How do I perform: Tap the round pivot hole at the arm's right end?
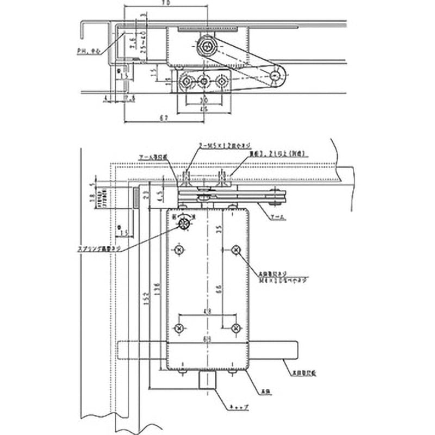click(x=278, y=76)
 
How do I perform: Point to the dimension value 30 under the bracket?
click(x=203, y=101)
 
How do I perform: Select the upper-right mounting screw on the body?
click(x=235, y=250)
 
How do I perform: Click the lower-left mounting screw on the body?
click(x=180, y=328)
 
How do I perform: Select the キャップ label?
click(x=239, y=407)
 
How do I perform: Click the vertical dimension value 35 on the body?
click(x=217, y=229)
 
